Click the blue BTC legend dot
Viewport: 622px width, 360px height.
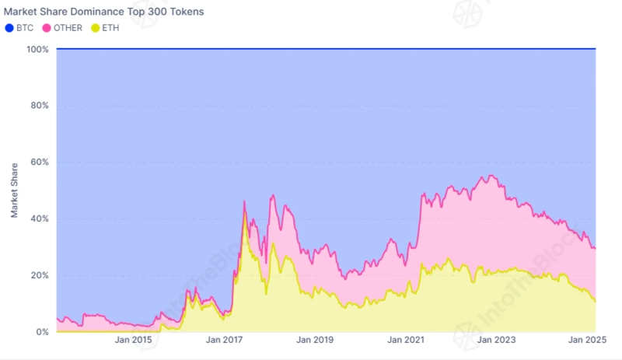[x=9, y=28]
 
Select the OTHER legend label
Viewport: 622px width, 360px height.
[x=68, y=28]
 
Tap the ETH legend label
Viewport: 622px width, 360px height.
[x=110, y=28]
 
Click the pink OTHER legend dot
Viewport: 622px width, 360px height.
[x=47, y=28]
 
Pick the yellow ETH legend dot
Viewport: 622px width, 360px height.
[x=96, y=28]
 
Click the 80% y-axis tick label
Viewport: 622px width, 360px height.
[x=40, y=106]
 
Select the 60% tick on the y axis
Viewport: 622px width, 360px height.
[x=40, y=163]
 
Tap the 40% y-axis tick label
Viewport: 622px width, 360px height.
[x=40, y=218]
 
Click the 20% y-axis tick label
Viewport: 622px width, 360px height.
[x=40, y=275]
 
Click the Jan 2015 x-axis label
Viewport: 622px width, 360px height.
[x=133, y=340]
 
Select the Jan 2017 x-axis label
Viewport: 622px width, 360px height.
[x=225, y=340]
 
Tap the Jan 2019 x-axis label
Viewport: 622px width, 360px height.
[x=316, y=340]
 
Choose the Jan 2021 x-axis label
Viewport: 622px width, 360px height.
[x=407, y=340]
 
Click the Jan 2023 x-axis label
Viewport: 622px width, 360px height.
[x=497, y=340]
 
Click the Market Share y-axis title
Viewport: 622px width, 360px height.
[x=15, y=190]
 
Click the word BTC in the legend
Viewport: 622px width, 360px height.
[x=25, y=28]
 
